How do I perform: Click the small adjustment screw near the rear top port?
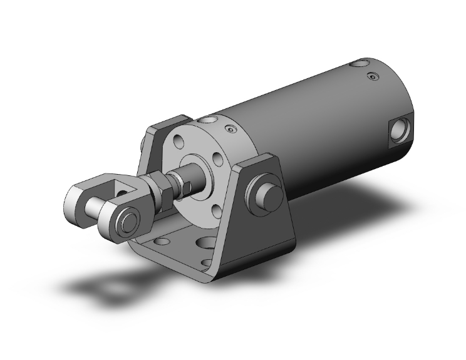pyautogui.click(x=374, y=77)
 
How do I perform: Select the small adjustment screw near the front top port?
pyautogui.click(x=230, y=129)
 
